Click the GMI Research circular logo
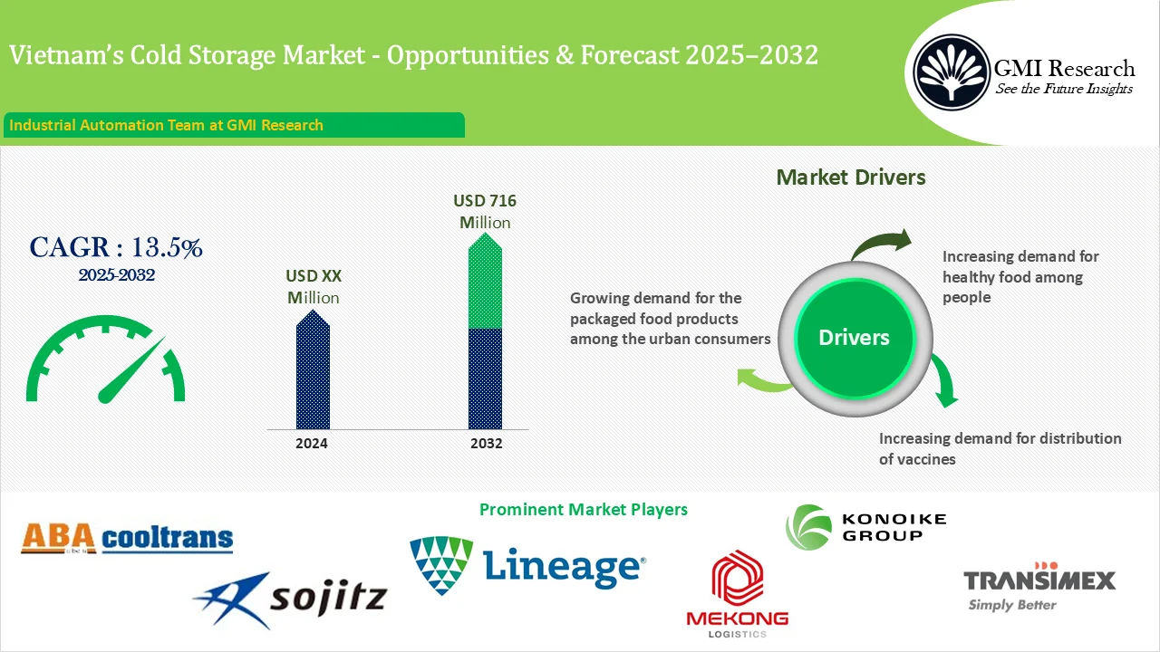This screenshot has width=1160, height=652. [x=952, y=72]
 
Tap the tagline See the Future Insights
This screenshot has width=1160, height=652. [x=1064, y=89]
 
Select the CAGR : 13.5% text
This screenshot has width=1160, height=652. [x=116, y=247]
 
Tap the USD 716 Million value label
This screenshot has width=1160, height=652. [x=485, y=211]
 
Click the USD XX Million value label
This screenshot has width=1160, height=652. [x=314, y=286]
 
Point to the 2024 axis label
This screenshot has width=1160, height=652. [x=312, y=444]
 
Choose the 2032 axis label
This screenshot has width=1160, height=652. [x=486, y=444]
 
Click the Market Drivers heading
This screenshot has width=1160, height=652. [x=851, y=177]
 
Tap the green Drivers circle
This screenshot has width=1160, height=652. [x=854, y=338]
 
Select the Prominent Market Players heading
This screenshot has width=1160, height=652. [x=583, y=510]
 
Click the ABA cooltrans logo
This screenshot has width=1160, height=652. [x=127, y=539]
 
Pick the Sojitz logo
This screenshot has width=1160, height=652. [x=290, y=598]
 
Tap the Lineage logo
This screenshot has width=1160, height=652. [x=527, y=566]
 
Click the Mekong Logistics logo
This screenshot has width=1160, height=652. [x=737, y=593]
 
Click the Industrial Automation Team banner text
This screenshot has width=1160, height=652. [x=167, y=125]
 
